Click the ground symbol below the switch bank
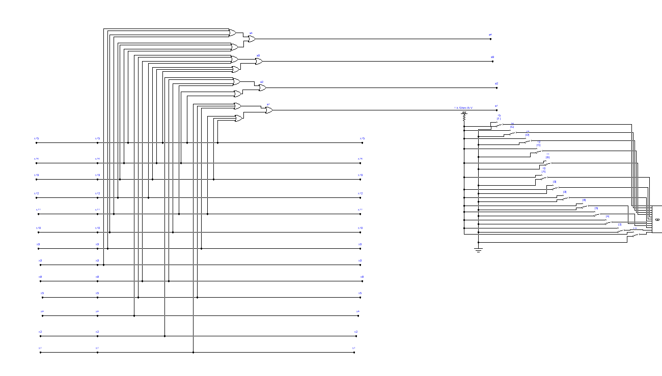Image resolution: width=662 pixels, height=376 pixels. [x=478, y=250]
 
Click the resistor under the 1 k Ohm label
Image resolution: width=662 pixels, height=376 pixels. [x=464, y=117]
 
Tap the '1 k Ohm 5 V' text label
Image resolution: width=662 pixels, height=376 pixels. [x=463, y=108]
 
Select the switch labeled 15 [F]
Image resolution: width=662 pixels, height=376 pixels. [x=499, y=124]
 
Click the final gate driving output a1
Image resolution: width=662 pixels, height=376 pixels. [x=269, y=110]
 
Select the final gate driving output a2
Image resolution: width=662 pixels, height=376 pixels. [x=262, y=88]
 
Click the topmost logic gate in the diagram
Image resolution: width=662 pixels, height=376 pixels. [x=232, y=33]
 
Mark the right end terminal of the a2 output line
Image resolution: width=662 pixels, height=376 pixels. [x=497, y=88]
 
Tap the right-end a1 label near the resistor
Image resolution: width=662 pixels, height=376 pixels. [x=496, y=105]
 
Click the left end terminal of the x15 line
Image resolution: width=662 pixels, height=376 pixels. [x=36, y=143]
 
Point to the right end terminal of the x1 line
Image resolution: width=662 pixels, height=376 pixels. [x=354, y=353]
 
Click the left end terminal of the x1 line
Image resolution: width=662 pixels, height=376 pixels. [x=40, y=353]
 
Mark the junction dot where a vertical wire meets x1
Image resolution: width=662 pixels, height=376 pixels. [x=193, y=353]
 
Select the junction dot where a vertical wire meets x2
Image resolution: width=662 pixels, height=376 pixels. [x=164, y=336]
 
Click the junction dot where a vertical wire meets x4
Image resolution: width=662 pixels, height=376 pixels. [x=134, y=316]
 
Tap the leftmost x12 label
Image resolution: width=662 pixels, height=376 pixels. [x=36, y=193]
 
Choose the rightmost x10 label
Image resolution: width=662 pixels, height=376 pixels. [x=360, y=228]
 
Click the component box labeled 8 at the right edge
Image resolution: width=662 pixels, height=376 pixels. [x=656, y=219]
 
